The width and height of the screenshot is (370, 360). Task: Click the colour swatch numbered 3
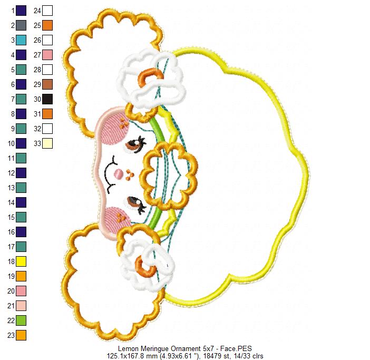[21, 40]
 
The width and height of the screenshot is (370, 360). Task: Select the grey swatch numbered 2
[21, 25]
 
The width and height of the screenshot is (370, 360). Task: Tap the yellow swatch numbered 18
[21, 261]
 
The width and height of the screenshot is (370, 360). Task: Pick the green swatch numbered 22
[21, 320]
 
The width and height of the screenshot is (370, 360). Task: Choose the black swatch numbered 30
[47, 99]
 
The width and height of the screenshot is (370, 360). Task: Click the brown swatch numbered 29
[47, 84]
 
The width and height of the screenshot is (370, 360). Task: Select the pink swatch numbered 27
[47, 55]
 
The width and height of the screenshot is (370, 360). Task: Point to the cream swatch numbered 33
[47, 143]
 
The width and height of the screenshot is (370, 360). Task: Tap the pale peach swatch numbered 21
[21, 306]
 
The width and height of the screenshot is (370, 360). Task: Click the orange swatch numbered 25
[47, 25]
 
